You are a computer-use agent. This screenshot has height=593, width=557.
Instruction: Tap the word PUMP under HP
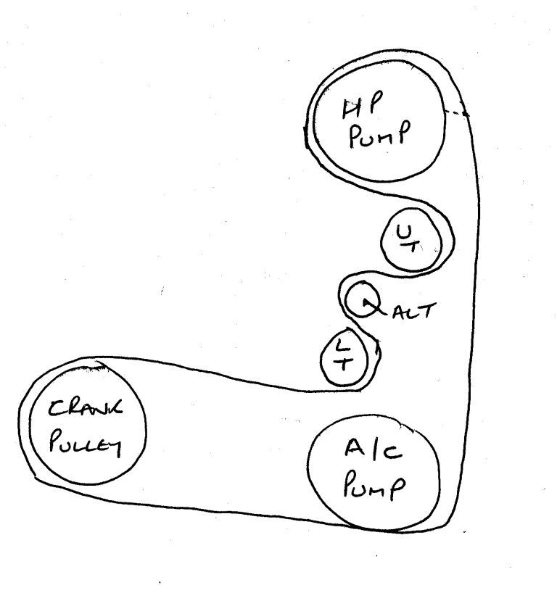click(x=379, y=134)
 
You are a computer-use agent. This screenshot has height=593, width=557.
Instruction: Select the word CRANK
click(x=85, y=408)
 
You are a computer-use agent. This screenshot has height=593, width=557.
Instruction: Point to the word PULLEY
click(x=86, y=445)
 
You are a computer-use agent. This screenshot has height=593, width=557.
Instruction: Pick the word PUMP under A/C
click(x=375, y=485)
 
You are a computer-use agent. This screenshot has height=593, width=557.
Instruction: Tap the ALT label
click(x=414, y=311)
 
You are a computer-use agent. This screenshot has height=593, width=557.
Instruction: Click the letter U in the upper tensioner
click(x=405, y=232)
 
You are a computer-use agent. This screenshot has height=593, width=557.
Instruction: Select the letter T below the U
click(x=413, y=247)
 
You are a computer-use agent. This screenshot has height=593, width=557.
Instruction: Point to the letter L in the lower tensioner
click(x=342, y=344)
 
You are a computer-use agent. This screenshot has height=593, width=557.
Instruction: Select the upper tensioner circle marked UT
click(x=381, y=242)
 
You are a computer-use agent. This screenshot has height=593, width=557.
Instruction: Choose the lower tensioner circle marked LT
click(x=321, y=360)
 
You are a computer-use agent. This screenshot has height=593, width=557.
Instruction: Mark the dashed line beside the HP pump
click(x=456, y=112)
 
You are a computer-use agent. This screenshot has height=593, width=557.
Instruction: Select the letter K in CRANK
click(x=115, y=407)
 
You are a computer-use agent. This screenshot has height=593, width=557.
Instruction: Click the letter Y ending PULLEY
click(x=115, y=449)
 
